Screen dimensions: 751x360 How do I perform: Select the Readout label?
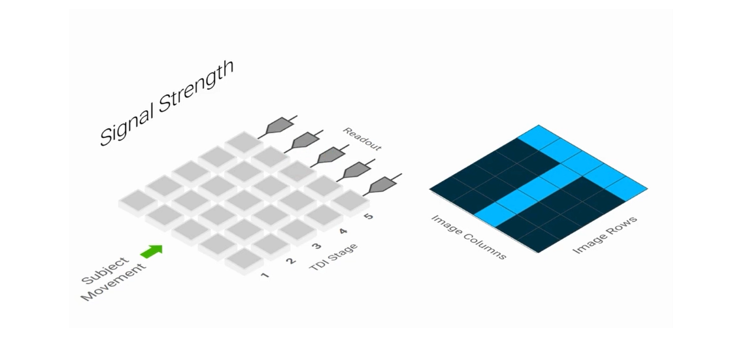tap(362, 139)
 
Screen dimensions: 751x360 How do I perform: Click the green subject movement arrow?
tap(152, 252)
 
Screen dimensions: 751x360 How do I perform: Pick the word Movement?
tap(114, 282)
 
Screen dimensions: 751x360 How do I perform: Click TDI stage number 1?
tap(264, 276)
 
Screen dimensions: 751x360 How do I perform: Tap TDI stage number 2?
tap(290, 261)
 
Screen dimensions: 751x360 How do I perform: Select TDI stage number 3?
tap(316, 246)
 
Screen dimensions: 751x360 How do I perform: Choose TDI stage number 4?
tap(343, 232)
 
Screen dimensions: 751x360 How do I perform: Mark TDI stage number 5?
tap(369, 217)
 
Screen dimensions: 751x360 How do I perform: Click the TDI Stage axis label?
tap(334, 258)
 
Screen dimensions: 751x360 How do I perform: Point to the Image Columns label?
tap(469, 237)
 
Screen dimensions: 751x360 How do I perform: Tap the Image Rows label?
tap(605, 235)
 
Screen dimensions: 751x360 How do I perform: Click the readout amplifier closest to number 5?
tap(382, 185)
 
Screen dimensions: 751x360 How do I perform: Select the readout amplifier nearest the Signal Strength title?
tap(278, 126)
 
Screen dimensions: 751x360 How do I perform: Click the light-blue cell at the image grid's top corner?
tap(539, 137)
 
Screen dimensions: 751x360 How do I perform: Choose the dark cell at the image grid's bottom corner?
tap(539, 239)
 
